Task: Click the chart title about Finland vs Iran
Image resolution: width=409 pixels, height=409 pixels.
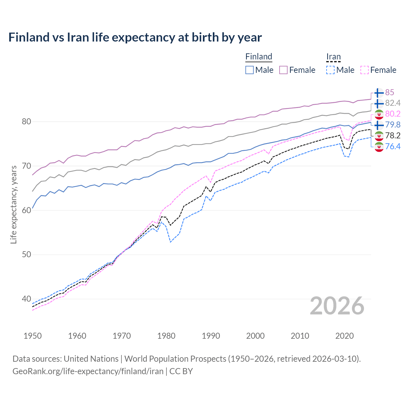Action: (x=135, y=37)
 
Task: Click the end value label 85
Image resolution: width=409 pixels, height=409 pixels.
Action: (x=390, y=92)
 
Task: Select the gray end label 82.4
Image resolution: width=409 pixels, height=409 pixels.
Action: (x=393, y=103)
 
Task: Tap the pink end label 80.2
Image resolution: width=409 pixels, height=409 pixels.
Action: (x=393, y=114)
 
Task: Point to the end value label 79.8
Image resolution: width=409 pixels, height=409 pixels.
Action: (x=393, y=125)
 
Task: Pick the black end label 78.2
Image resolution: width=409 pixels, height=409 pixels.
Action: (x=393, y=135)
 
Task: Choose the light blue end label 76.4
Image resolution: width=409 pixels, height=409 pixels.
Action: (x=393, y=146)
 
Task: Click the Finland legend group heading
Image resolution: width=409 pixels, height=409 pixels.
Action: (x=259, y=57)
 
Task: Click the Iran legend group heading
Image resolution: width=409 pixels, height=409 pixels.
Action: (x=333, y=57)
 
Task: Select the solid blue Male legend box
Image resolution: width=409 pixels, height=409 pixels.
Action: (x=250, y=70)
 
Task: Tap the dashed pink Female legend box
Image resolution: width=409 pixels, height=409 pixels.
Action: (x=365, y=70)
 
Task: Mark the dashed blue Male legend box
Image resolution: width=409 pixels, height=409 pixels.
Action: (x=330, y=70)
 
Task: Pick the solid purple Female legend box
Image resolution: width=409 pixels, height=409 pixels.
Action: (x=283, y=70)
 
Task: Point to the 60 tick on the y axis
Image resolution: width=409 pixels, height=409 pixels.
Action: (x=27, y=210)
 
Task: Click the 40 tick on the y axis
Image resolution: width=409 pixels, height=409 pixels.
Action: (x=27, y=299)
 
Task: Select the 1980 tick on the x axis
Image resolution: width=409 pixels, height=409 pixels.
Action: (x=166, y=336)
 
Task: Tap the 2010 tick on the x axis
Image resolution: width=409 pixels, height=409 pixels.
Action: (x=300, y=336)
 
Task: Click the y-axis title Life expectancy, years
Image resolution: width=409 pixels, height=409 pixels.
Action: (x=14, y=204)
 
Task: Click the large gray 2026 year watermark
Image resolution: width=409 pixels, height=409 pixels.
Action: (x=337, y=306)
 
